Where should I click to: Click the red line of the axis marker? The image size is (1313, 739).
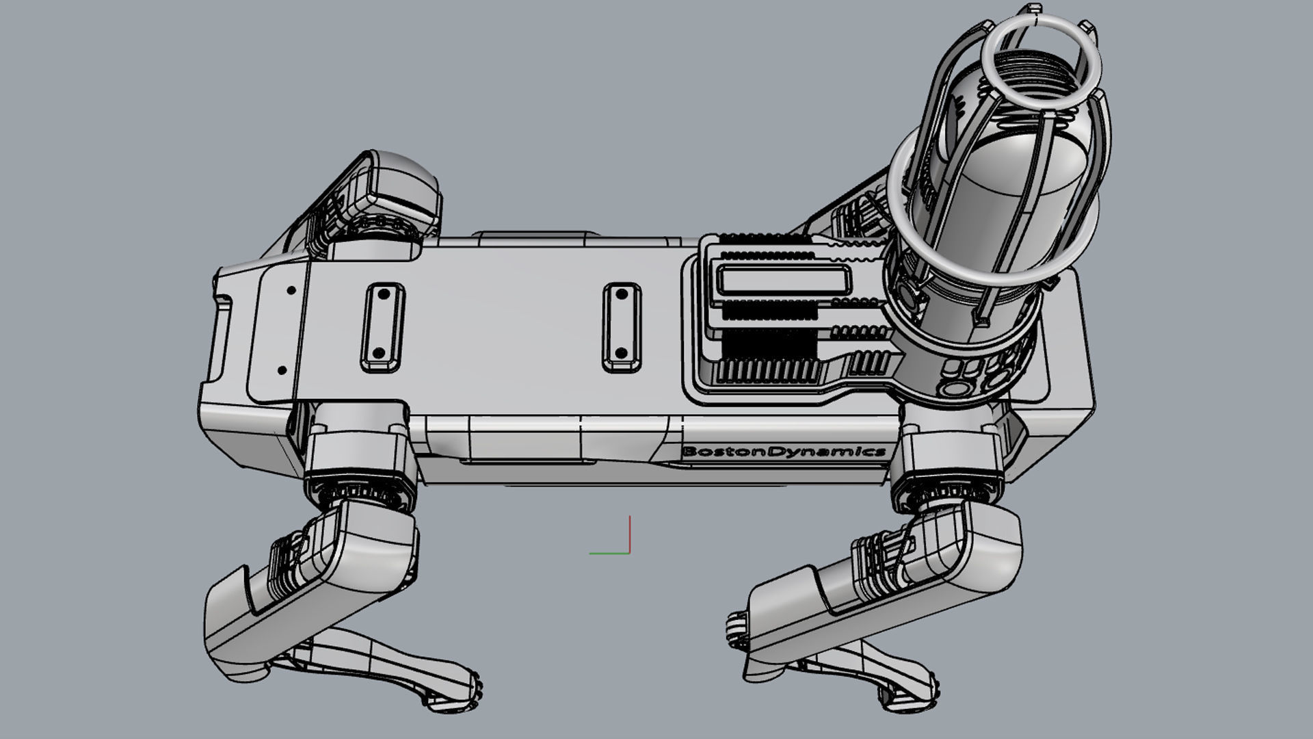pyautogui.click(x=629, y=534)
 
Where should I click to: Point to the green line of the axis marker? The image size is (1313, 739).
pyautogui.click(x=609, y=553)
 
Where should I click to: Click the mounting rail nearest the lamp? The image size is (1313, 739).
pyautogui.click(x=621, y=328)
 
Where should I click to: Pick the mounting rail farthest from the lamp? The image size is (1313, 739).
pyautogui.click(x=382, y=328)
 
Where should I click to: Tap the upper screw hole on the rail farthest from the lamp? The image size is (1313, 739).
pyautogui.click(x=384, y=295)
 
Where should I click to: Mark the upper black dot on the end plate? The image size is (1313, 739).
pyautogui.click(x=291, y=290)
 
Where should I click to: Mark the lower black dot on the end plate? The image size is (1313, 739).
pyautogui.click(x=282, y=370)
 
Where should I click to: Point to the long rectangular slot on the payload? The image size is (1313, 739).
pyautogui.click(x=783, y=281)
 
